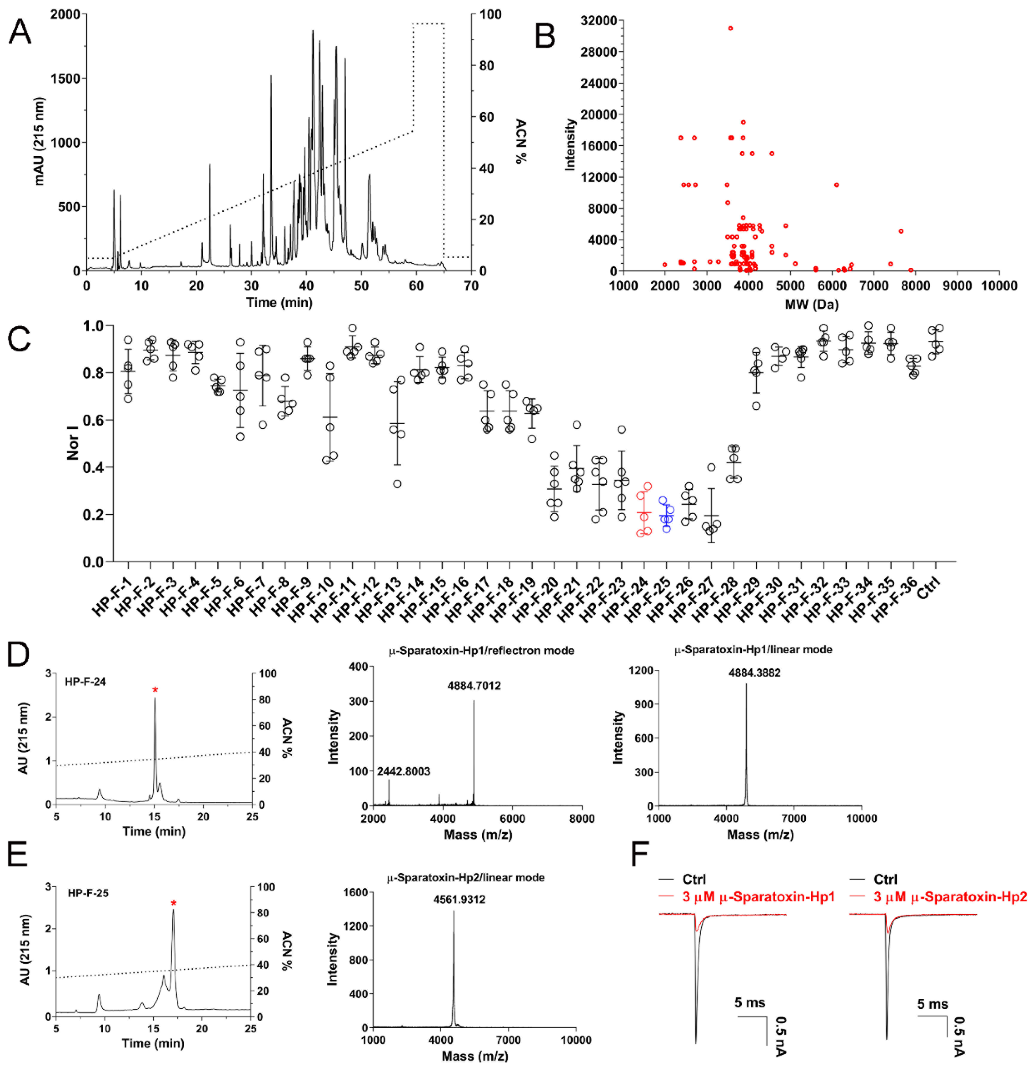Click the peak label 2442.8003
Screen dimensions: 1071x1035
coord(403,771)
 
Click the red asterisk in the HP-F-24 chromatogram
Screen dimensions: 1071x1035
coord(155,691)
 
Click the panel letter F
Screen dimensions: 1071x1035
coord(642,854)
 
